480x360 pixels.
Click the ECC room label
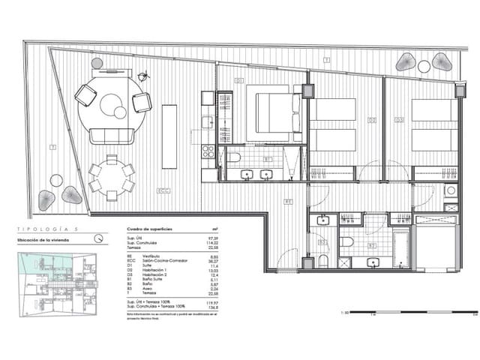(162, 190)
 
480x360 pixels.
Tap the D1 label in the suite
(239, 79)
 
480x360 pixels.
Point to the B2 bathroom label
(373, 245)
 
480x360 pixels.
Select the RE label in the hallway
(288, 201)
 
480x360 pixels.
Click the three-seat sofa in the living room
(112, 136)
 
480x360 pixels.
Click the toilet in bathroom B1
(234, 157)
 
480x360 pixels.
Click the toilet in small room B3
(322, 260)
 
